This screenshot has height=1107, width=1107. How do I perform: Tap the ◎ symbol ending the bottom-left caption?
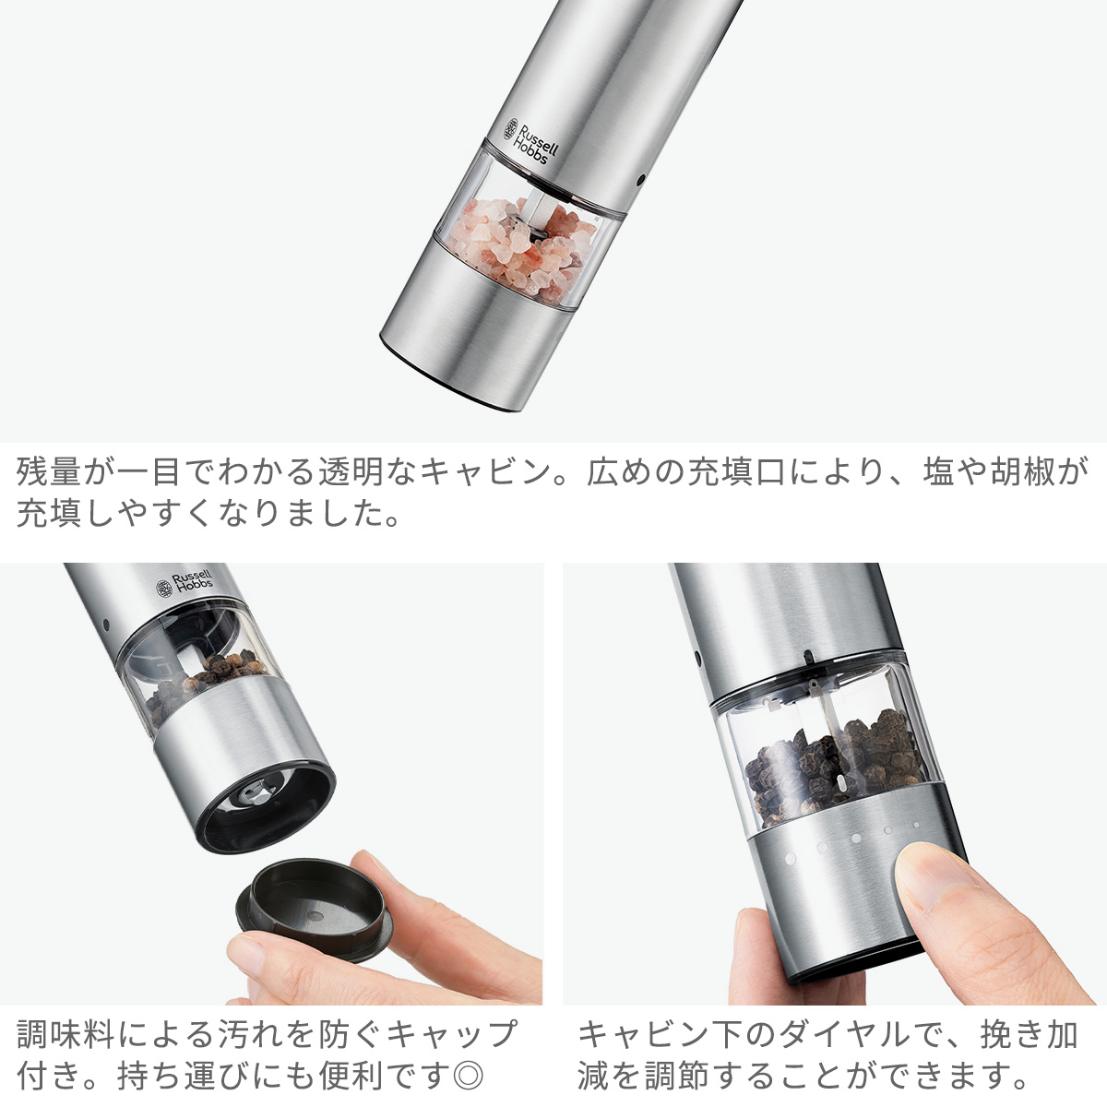coord(470,1075)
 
